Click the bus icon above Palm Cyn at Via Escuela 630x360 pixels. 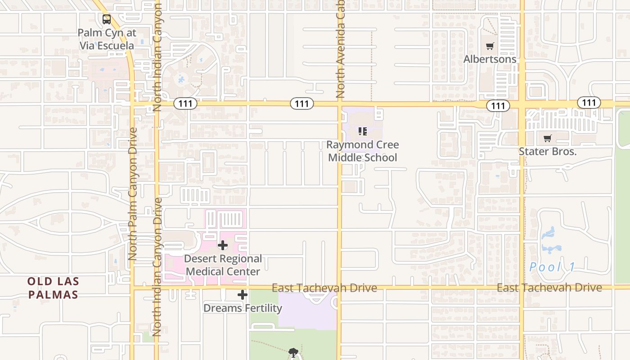coord(106,19)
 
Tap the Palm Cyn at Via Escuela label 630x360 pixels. coord(107,39)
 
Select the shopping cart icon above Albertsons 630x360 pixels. coord(490,46)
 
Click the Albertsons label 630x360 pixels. coord(490,59)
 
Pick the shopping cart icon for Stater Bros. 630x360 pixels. coord(547,139)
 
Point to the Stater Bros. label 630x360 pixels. coord(548,151)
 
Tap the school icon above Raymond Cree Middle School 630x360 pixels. coord(363,131)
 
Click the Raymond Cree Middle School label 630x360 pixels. coord(363,151)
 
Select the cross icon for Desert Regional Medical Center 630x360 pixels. coord(223,245)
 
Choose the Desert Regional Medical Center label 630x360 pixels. coord(223,265)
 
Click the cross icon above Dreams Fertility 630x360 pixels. coord(243,295)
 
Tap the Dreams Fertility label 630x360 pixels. coord(243,308)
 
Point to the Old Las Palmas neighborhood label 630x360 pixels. coord(53,288)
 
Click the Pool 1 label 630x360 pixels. coord(552,267)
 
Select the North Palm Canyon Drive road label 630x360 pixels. coord(132,193)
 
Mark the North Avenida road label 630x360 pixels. coord(340,49)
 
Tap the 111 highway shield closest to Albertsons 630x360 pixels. coord(498,106)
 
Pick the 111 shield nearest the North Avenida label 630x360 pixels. coord(301,104)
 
